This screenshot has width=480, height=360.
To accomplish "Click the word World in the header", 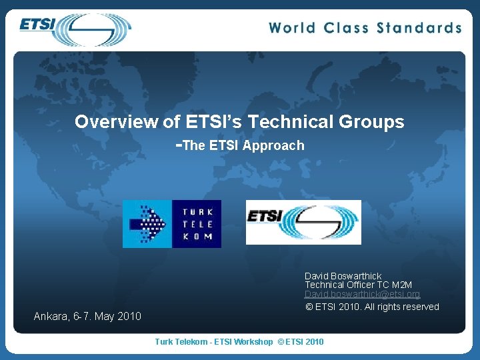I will (x=293, y=28).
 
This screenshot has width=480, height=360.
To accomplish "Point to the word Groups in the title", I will (x=374, y=122).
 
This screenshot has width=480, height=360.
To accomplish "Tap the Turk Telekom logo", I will (x=172, y=224).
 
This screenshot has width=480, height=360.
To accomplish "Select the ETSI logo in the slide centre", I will (x=303, y=222).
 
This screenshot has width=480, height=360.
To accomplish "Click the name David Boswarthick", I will (x=343, y=276).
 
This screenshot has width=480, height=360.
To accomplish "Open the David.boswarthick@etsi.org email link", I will (x=362, y=294).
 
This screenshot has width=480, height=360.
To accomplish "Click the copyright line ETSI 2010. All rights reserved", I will (x=372, y=307).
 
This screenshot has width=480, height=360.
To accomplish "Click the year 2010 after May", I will (x=129, y=316).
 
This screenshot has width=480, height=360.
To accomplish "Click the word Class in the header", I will (x=347, y=28).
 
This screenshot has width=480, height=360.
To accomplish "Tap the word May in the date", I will (x=105, y=316).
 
